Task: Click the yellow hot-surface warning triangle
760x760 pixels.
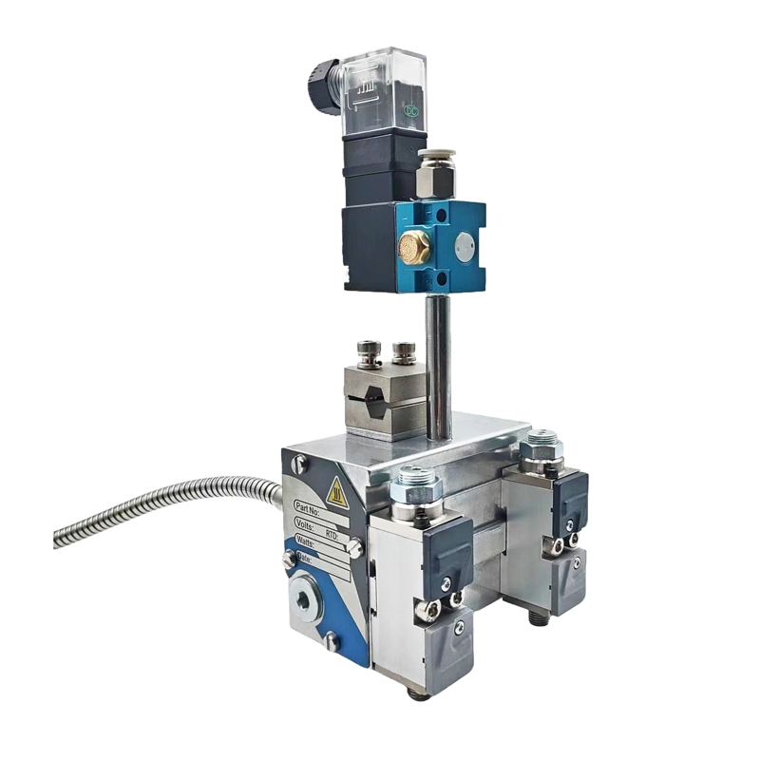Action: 335,491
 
